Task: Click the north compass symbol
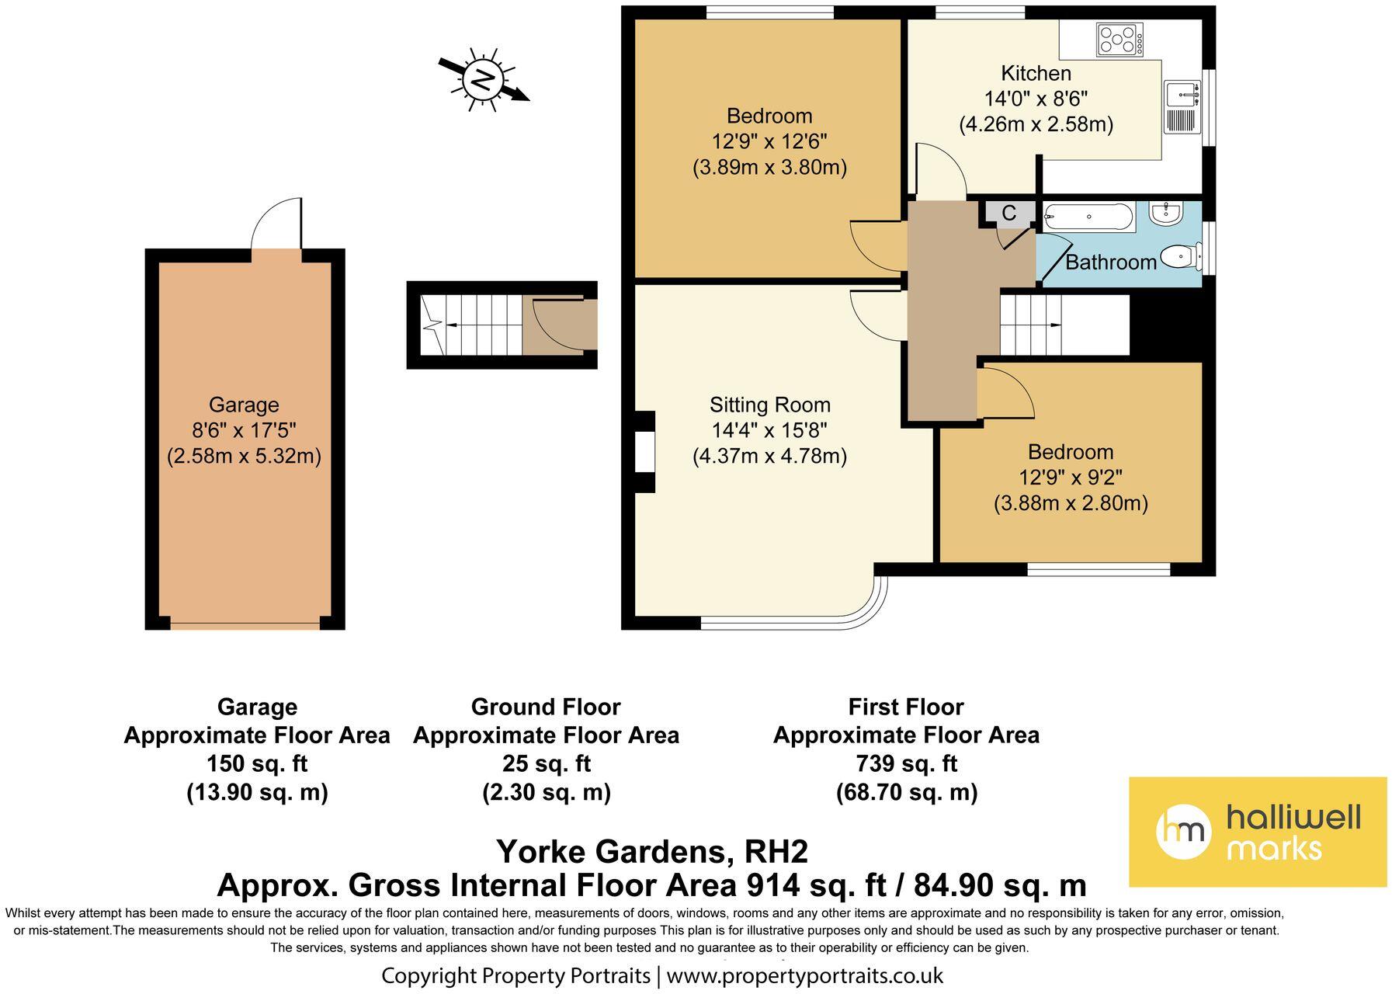pos(484,79)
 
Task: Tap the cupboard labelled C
pos(1009,213)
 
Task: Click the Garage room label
pos(244,405)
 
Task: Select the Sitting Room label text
pos(770,405)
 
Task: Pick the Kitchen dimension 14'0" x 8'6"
pos(1036,99)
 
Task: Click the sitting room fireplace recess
pos(644,452)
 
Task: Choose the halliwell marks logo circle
pos(1184,832)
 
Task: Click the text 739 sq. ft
pos(906,764)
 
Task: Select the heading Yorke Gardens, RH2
pos(652,852)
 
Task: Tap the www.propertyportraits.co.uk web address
pos(805,975)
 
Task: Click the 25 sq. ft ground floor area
pos(547,764)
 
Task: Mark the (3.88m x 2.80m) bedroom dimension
pos(1071,503)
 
